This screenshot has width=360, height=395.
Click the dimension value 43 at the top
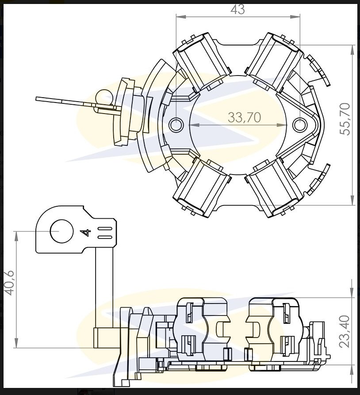click(x=237, y=9)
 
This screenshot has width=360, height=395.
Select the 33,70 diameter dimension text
click(x=244, y=117)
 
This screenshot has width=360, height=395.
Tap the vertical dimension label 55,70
click(x=345, y=119)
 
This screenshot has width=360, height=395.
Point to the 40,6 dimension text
click(x=10, y=283)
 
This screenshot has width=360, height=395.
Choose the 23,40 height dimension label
click(x=345, y=331)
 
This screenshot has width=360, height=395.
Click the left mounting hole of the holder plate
click(x=176, y=125)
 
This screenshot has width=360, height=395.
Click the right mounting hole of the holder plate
click(x=300, y=125)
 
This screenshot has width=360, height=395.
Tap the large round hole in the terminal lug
click(x=62, y=231)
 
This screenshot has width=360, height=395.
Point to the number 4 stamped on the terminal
click(x=86, y=232)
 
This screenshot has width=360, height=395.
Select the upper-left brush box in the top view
click(x=202, y=61)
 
